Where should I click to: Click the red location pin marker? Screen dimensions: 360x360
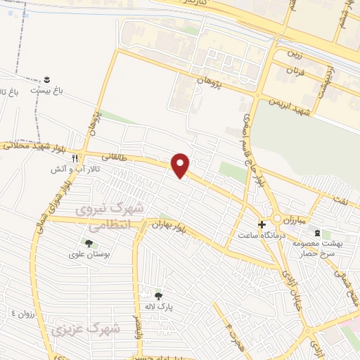click(181, 165)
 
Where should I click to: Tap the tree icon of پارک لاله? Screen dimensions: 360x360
click(158, 296)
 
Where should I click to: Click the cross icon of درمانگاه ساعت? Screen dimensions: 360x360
click(262, 224)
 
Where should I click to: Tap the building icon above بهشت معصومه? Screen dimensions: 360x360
click(317, 232)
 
